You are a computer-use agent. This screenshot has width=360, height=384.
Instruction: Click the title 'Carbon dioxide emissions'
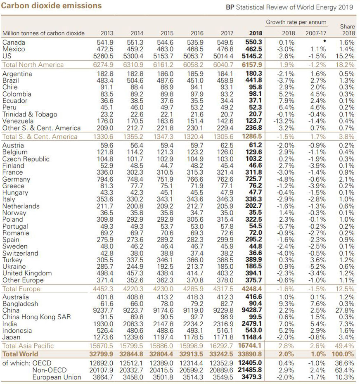[x=52, y=6]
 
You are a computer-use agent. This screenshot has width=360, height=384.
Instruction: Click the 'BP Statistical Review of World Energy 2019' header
[x=289, y=7]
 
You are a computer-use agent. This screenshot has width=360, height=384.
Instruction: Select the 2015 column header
[x=167, y=33]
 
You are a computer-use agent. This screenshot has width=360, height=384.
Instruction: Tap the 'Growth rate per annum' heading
[x=296, y=22]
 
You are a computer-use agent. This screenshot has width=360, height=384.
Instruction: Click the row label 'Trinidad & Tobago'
[x=30, y=114]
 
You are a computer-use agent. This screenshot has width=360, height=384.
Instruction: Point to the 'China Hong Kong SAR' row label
[x=37, y=317]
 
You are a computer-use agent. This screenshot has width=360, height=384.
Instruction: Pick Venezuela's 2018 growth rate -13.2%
[x=284, y=121]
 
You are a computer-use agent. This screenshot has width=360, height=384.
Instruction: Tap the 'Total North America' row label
[x=33, y=65]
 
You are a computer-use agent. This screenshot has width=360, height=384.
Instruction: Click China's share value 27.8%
[x=345, y=311]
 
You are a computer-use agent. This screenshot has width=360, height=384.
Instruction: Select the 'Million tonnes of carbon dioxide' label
[x=43, y=33]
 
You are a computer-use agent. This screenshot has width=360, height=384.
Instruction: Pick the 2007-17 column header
[x=315, y=33]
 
